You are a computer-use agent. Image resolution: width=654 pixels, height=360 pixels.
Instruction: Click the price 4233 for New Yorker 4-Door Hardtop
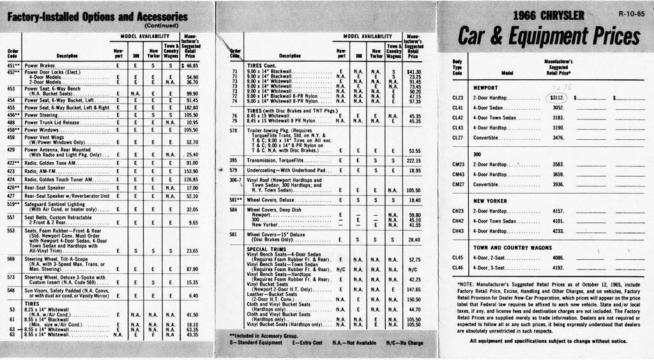pyautogui.click(x=558, y=230)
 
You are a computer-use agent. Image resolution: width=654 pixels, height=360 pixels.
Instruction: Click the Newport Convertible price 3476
pyautogui.click(x=558, y=137)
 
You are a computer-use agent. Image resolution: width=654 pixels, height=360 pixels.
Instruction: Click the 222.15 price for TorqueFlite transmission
pyautogui.click(x=414, y=160)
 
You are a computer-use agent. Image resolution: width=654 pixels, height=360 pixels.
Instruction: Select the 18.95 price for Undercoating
pyautogui.click(x=416, y=170)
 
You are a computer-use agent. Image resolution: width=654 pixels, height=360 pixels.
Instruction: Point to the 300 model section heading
pyautogui.click(x=476, y=154)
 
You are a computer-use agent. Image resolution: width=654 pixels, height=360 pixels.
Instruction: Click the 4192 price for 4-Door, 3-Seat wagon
pyautogui.click(x=558, y=267)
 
